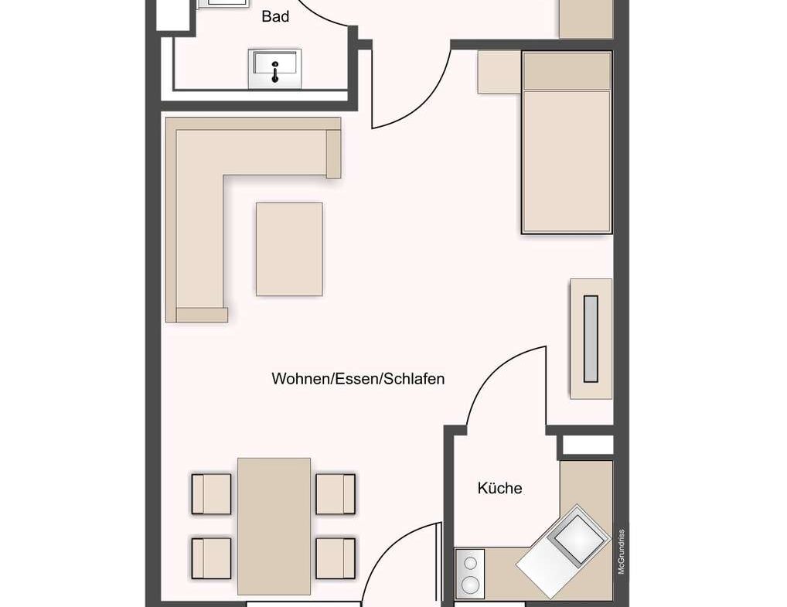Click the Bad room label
pos(275,16)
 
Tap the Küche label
pos(499,488)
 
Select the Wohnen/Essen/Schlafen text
pos(358,379)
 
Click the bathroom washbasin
pos(274,68)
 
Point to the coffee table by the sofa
pos(289,249)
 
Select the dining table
pos(274,526)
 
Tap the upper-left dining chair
pos(212,494)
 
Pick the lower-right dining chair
pos(336,558)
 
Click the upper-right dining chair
pos(336,494)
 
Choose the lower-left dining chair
pos(212,558)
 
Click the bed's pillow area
pos(567,71)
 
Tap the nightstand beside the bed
pos(499,71)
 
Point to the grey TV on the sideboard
pos(591,339)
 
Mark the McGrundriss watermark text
pos(621,550)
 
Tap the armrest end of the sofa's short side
pos(334,154)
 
